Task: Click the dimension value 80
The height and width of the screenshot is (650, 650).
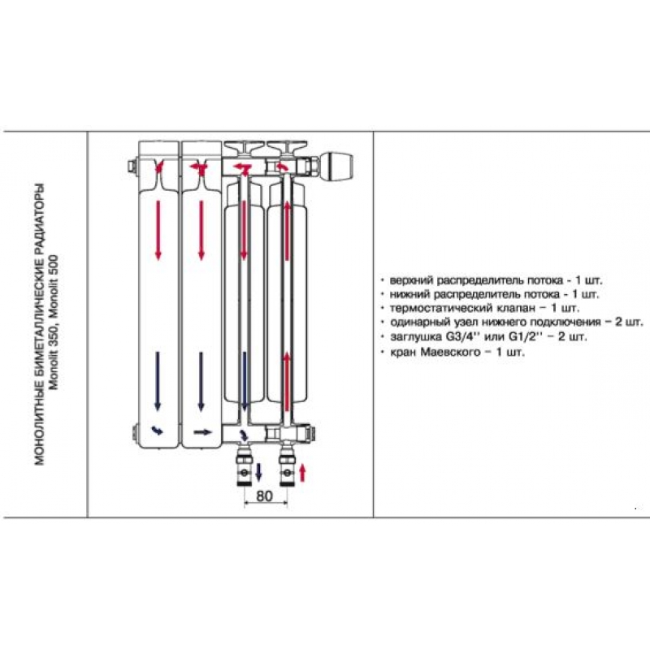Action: [x=265, y=496]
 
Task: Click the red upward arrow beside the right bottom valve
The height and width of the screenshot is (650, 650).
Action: [x=302, y=473]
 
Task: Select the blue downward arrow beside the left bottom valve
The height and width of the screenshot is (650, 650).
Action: [x=258, y=473]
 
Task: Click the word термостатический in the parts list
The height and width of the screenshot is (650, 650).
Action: [x=440, y=308]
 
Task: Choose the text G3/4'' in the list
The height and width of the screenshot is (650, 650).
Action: [x=463, y=336]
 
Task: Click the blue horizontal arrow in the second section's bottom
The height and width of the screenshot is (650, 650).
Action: [x=202, y=432]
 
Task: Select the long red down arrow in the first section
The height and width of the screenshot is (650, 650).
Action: [x=158, y=230]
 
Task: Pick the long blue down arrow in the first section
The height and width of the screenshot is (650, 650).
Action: [x=158, y=381]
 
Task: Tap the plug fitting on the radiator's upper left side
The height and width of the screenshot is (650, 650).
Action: [x=132, y=167]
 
